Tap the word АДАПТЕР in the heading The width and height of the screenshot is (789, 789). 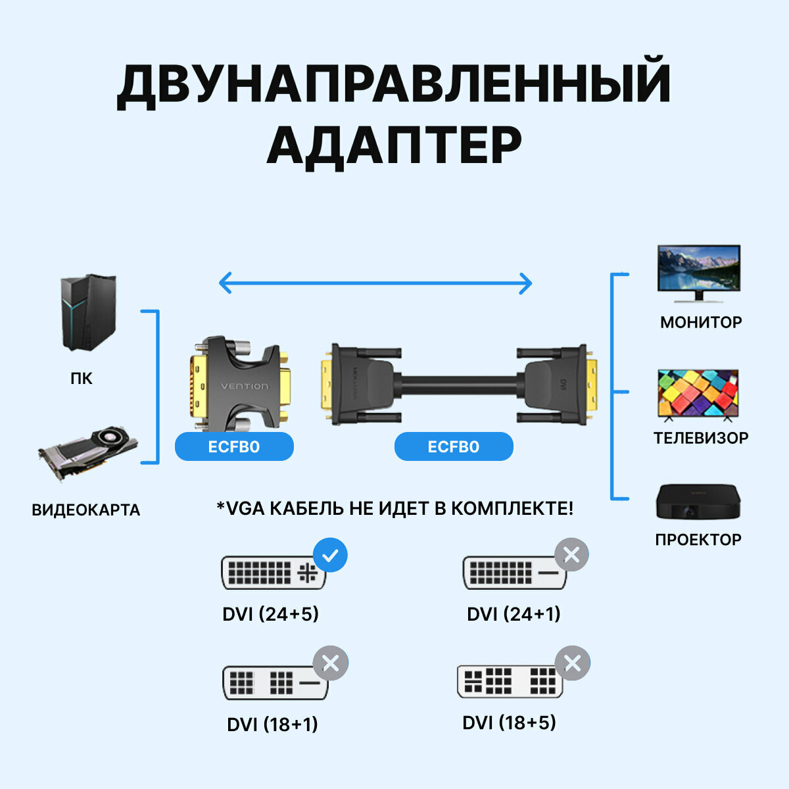394,146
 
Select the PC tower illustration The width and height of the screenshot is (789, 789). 88,312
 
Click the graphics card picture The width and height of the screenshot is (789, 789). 87,453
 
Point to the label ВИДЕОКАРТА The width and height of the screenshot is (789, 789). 86,510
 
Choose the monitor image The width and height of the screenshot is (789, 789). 699,273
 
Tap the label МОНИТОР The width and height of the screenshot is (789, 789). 701,322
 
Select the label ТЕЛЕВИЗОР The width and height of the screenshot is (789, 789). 701,438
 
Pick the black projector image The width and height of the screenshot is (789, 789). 698,503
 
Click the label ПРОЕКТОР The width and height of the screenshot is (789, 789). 698,540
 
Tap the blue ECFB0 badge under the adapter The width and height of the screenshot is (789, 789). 234,447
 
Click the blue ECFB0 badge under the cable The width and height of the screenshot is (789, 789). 454,447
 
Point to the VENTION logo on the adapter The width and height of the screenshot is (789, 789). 245,386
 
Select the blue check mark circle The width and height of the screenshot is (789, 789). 330,556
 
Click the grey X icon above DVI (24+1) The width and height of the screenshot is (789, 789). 571,556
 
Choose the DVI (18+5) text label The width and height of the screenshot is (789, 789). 509,723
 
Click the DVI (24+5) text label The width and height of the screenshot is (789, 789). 270,614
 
